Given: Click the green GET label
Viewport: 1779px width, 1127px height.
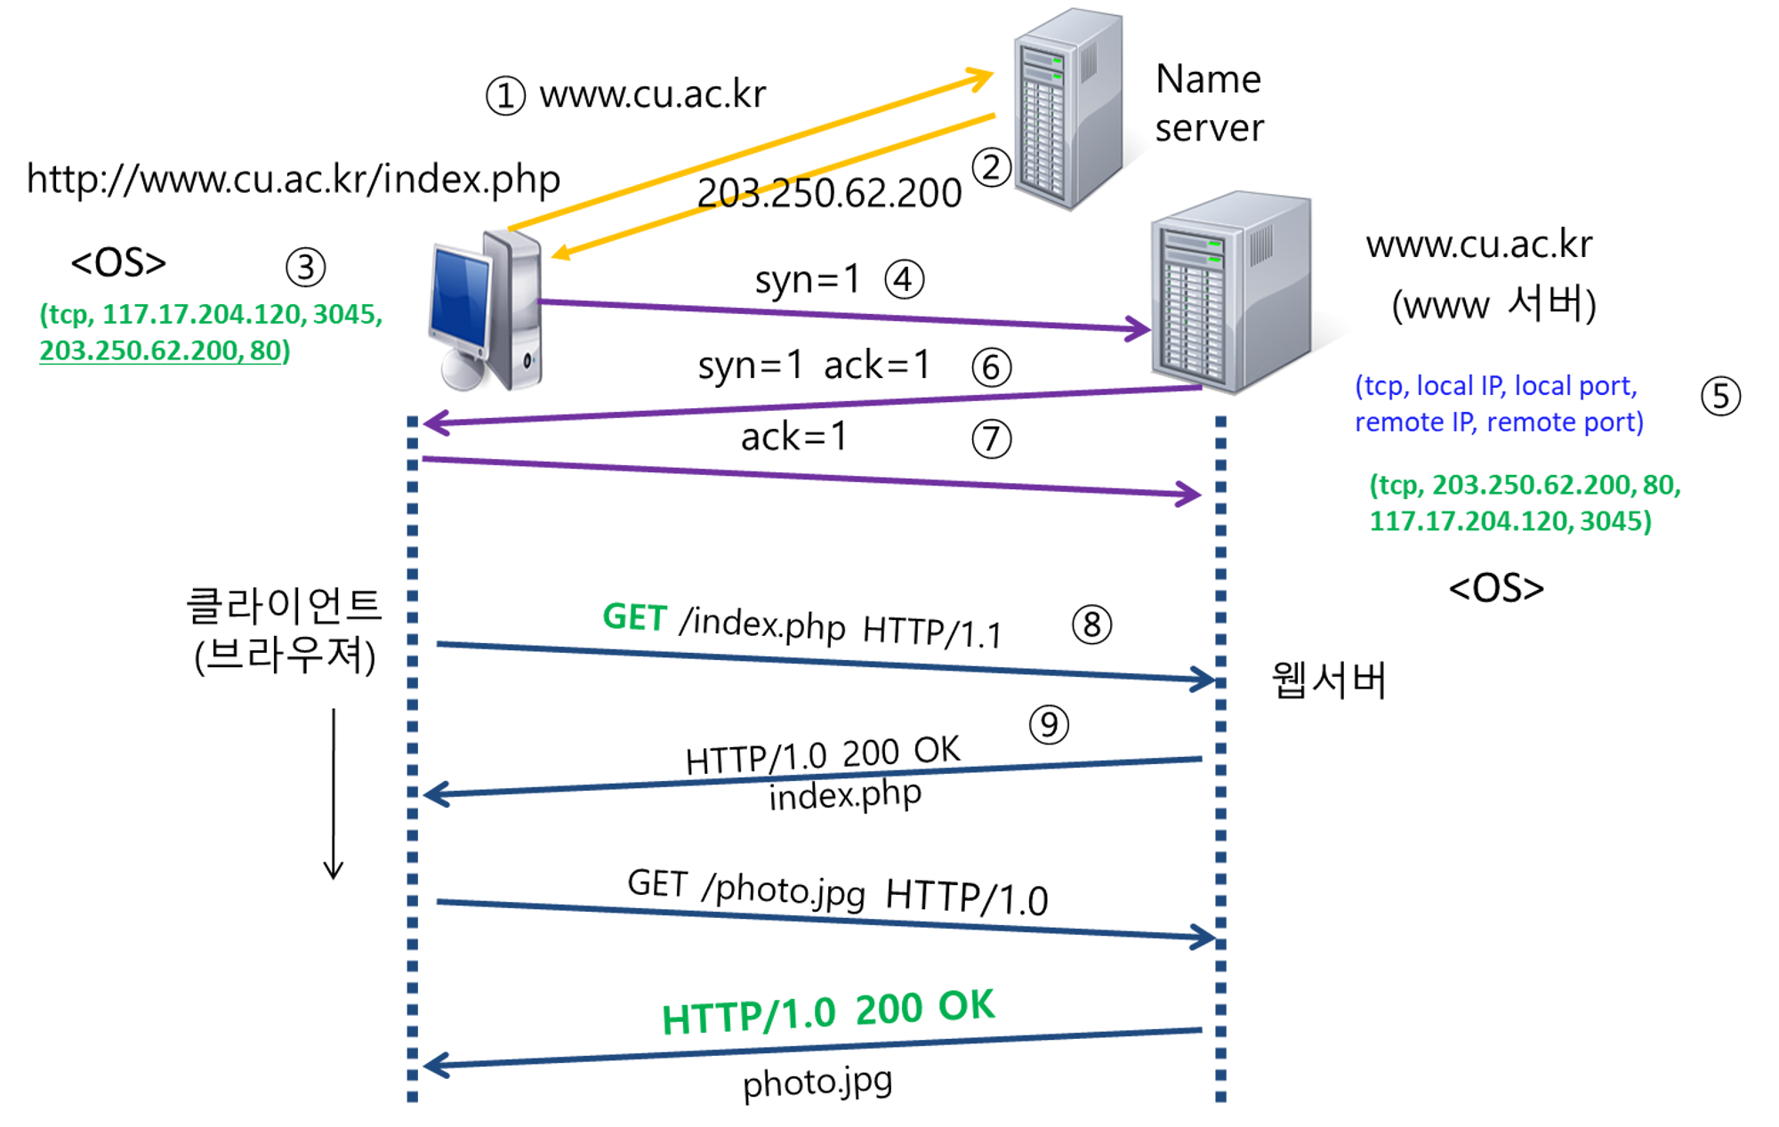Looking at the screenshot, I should tap(634, 617).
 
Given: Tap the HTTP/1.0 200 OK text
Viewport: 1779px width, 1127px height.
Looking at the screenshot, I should tap(828, 1011).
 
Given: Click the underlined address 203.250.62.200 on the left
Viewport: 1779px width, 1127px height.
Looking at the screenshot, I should tap(138, 350).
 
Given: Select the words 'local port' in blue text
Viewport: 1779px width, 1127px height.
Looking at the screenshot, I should tap(1574, 386).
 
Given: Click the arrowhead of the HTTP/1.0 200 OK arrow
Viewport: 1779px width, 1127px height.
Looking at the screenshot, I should tap(432, 1065).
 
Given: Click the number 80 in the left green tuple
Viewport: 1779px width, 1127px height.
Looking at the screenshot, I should tap(266, 350).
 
